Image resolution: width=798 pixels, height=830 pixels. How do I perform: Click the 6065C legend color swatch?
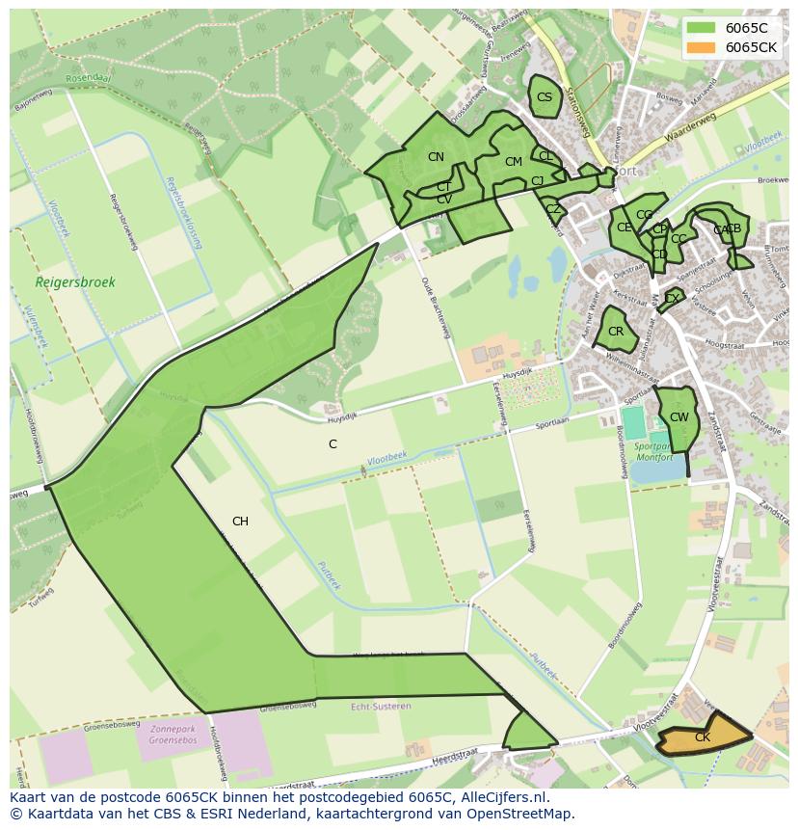pyautogui.click(x=702, y=27)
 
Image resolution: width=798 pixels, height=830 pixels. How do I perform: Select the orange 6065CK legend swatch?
pyautogui.click(x=702, y=47)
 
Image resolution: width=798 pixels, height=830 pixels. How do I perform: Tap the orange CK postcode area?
pyautogui.click(x=703, y=737)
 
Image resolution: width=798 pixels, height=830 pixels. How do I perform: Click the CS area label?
pyautogui.click(x=545, y=97)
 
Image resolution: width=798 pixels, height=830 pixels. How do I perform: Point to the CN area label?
pyautogui.click(x=436, y=157)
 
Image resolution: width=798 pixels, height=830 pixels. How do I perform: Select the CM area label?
pyautogui.click(x=513, y=162)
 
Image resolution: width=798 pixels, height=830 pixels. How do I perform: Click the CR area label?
pyautogui.click(x=616, y=332)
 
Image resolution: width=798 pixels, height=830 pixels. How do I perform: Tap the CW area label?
pyautogui.click(x=678, y=417)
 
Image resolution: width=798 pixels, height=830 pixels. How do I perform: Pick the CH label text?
pyautogui.click(x=240, y=522)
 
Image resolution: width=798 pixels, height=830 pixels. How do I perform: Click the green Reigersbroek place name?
pyautogui.click(x=75, y=282)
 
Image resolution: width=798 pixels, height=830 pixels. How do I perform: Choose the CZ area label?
pyautogui.click(x=552, y=209)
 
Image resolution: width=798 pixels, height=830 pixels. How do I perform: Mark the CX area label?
pyautogui.click(x=672, y=299)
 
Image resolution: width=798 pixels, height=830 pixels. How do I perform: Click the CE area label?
pyautogui.click(x=624, y=228)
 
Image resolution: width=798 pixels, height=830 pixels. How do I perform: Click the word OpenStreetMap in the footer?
pyautogui.click(x=519, y=814)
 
